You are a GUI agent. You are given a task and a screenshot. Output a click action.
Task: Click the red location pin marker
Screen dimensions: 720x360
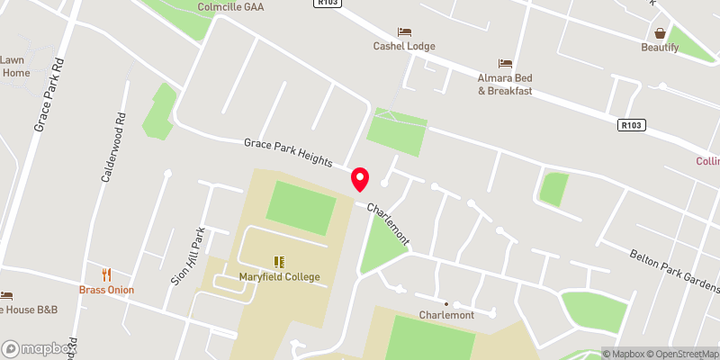tap(361, 179)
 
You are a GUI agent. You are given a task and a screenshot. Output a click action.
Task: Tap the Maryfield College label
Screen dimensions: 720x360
tap(280, 276)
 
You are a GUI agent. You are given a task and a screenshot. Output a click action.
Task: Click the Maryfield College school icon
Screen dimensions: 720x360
tap(280, 261)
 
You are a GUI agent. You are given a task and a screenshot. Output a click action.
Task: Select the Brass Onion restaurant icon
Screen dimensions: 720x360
tap(106, 274)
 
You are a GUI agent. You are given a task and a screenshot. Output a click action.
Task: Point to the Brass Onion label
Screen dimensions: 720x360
tap(106, 290)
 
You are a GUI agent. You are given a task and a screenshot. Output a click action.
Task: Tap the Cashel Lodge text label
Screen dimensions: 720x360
tap(404, 47)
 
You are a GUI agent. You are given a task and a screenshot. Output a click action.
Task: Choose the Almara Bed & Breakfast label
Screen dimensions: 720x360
tap(505, 85)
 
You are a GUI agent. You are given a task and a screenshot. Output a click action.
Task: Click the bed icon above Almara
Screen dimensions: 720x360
tap(505, 63)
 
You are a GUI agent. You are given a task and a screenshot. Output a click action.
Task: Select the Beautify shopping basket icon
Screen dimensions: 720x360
tap(660, 32)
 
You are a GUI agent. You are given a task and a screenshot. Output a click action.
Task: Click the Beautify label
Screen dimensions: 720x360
tap(660, 47)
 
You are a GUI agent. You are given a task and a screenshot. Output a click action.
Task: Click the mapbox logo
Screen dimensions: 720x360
tap(37, 348)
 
